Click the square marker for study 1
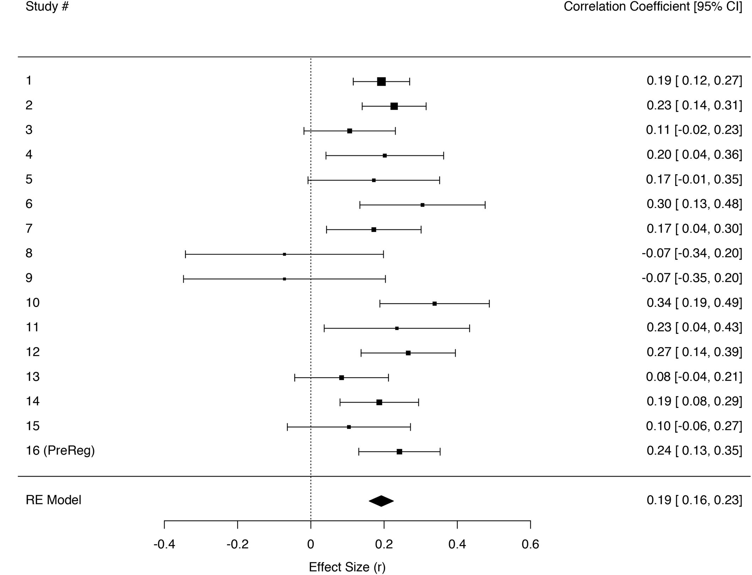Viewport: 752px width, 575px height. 381,81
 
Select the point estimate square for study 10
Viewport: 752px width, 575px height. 434,304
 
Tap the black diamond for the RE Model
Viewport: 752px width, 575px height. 381,501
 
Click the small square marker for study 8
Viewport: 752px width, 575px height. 285,254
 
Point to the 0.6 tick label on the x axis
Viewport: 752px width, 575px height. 530,544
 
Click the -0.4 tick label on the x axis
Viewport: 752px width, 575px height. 164,544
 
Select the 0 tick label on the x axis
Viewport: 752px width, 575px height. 310,544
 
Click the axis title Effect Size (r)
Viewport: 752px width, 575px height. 347,567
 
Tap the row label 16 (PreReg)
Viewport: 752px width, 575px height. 60,451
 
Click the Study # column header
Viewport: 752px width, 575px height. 47,6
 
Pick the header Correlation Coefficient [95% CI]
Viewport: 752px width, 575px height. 653,6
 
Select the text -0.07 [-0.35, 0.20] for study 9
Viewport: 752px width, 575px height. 691,278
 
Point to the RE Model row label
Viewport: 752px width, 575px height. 53,500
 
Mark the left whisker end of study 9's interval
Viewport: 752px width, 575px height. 183,279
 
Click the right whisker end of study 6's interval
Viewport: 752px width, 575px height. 485,205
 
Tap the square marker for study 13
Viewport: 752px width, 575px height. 341,378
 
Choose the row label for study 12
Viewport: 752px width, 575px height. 32,352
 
